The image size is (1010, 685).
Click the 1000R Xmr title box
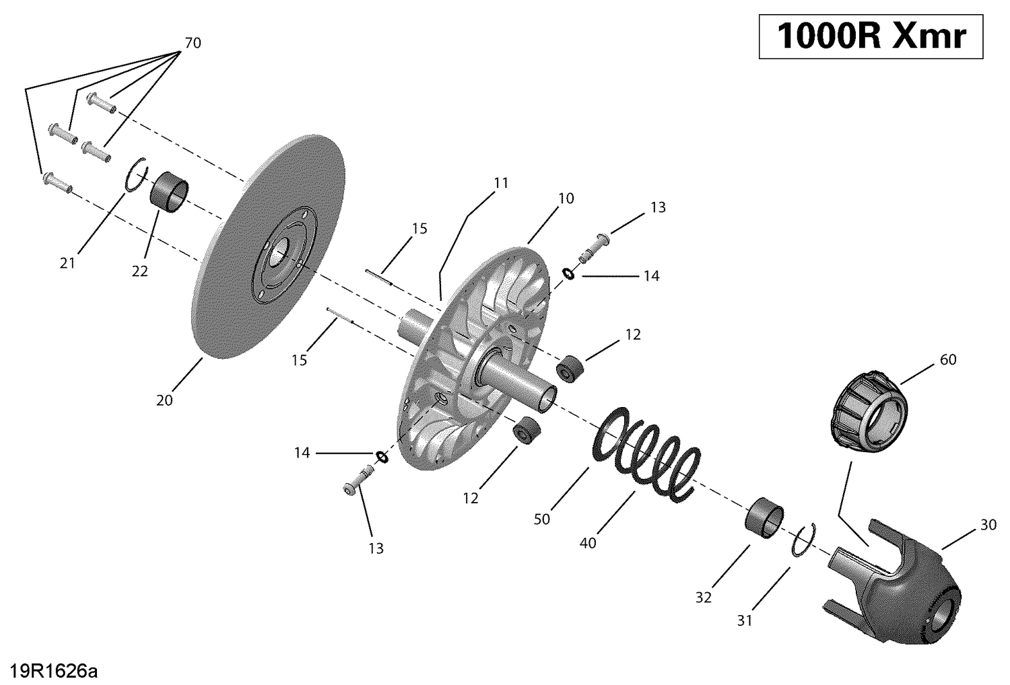point(871,36)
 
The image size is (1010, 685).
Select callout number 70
point(192,44)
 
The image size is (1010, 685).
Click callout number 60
point(947,360)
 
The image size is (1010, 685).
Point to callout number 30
point(988,525)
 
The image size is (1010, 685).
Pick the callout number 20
point(164,400)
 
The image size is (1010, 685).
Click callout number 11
point(500,183)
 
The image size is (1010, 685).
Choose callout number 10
point(566,199)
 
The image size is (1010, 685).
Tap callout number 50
point(541,519)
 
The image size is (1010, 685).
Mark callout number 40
point(588,543)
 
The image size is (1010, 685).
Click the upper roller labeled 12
point(571,369)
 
